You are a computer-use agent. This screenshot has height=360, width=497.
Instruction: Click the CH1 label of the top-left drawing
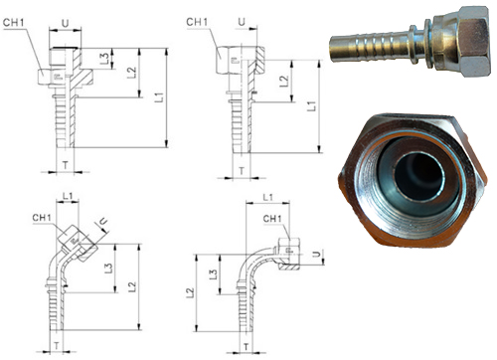14,23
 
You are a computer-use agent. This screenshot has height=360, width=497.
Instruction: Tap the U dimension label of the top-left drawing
66,23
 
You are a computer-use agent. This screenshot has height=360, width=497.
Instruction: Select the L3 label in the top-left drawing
104,59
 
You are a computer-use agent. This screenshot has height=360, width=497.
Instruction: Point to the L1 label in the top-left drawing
159,97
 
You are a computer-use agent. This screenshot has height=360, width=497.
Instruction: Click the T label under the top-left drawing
66,165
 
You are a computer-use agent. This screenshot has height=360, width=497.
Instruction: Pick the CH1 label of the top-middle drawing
197,22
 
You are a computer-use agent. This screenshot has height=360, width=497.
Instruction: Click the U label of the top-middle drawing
242,22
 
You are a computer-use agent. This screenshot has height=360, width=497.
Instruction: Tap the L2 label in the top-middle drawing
284,82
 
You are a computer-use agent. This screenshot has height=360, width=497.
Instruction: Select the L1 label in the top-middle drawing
312,106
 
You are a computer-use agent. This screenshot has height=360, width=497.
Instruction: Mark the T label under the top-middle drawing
242,171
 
